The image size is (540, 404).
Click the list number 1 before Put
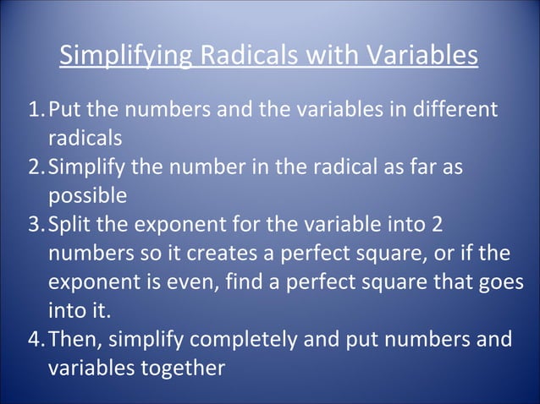pos(35,110)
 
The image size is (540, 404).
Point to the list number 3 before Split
pos(35,226)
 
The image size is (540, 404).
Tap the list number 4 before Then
pos(35,340)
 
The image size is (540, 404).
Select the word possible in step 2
pos(88,195)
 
